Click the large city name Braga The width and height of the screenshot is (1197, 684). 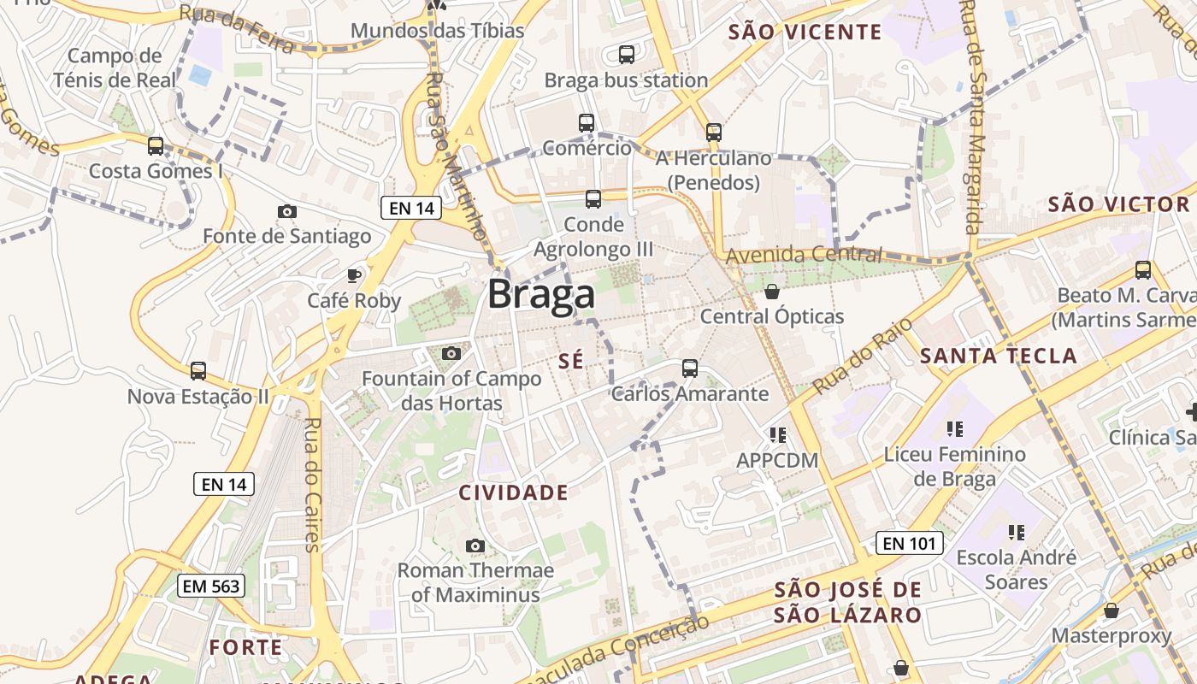tap(541, 295)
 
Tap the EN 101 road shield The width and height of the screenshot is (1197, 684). tap(909, 543)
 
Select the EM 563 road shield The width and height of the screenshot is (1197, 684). tap(211, 586)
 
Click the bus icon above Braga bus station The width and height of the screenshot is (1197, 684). tap(627, 55)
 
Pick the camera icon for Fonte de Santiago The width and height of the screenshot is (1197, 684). tap(287, 211)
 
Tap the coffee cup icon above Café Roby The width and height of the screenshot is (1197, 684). tap(354, 275)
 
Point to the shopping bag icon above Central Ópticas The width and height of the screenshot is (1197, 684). tap(772, 292)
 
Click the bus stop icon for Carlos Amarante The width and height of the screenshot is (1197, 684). tap(690, 369)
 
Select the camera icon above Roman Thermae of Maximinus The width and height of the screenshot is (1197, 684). tap(475, 545)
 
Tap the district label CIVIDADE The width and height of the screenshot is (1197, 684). tap(513, 492)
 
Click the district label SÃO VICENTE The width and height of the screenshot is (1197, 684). tap(805, 32)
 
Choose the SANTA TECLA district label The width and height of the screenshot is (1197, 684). tap(998, 356)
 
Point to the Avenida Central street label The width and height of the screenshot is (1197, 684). tap(804, 254)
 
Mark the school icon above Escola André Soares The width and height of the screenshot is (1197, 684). tap(1016, 533)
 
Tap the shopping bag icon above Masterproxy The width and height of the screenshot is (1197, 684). tap(1111, 610)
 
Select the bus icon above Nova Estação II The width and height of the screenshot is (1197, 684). tap(198, 371)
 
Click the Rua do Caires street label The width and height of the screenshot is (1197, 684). tap(312, 484)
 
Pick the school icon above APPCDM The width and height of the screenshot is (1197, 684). tap(777, 435)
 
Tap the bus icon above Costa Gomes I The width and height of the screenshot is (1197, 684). tap(156, 146)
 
